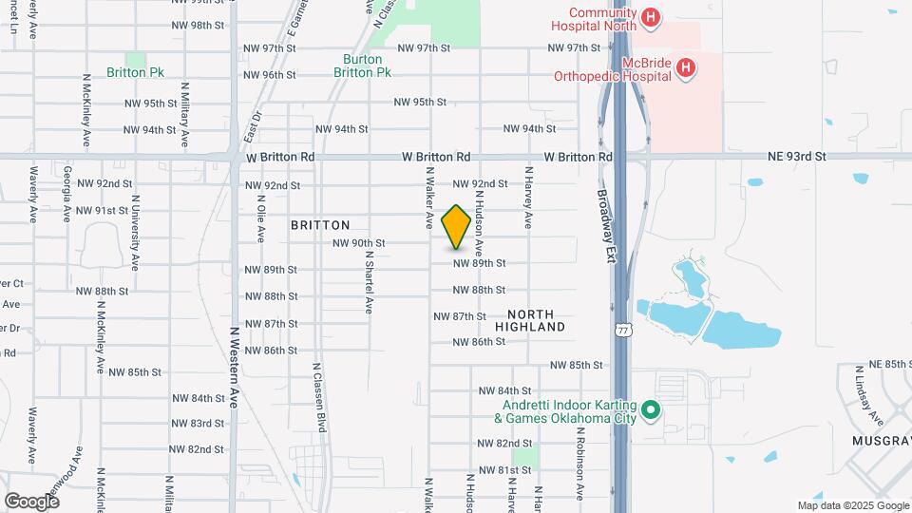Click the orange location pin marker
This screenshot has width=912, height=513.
click(457, 227)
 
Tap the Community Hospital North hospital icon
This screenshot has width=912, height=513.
click(650, 17)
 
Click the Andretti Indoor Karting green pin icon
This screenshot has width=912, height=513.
click(651, 411)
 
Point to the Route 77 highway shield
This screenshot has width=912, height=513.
click(622, 330)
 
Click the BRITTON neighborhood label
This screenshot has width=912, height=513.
click(320, 225)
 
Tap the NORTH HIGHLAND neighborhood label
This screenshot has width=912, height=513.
click(537, 320)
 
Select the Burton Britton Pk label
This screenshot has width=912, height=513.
click(367, 66)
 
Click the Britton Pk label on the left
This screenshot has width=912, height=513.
click(136, 72)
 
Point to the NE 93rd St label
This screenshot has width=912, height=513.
click(797, 156)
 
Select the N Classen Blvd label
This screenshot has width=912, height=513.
click(321, 397)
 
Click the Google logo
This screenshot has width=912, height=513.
click(30, 501)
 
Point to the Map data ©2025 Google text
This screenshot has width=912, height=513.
click(852, 505)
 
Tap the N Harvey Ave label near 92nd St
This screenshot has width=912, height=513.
click(528, 199)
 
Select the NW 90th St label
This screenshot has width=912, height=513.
click(358, 243)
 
